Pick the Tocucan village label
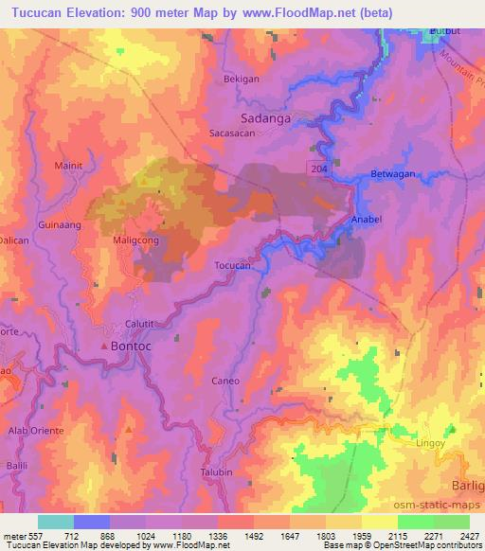232,266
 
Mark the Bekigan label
242,80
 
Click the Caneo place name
225,381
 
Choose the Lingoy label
429,442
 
